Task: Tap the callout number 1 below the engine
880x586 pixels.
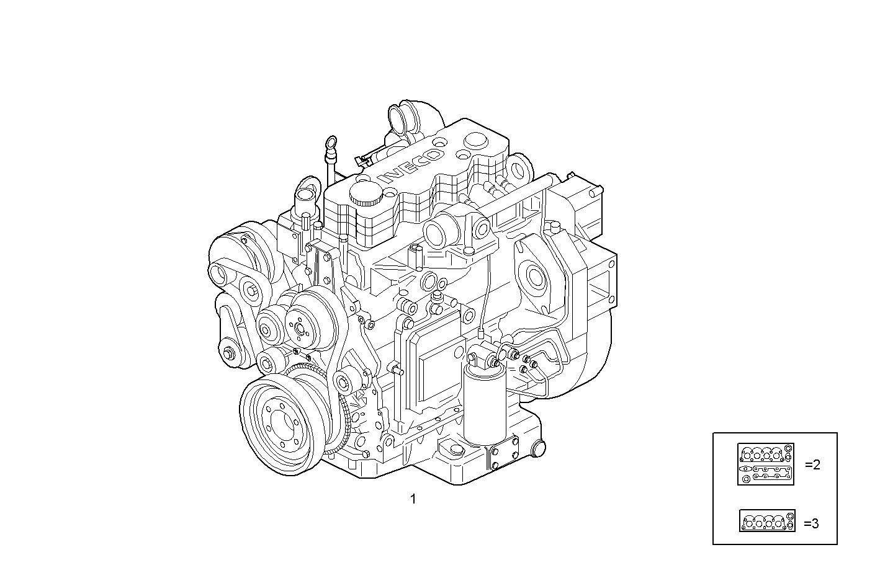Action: pyautogui.click(x=413, y=499)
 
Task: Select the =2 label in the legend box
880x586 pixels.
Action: pyautogui.click(x=812, y=464)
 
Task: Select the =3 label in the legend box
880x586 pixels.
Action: pyautogui.click(x=811, y=523)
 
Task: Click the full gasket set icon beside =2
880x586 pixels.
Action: pyautogui.click(x=766, y=464)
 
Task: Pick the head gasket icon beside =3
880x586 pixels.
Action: pyautogui.click(x=767, y=521)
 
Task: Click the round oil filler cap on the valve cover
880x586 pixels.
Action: pyautogui.click(x=366, y=194)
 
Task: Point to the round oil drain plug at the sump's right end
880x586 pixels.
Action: pyautogui.click(x=539, y=448)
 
